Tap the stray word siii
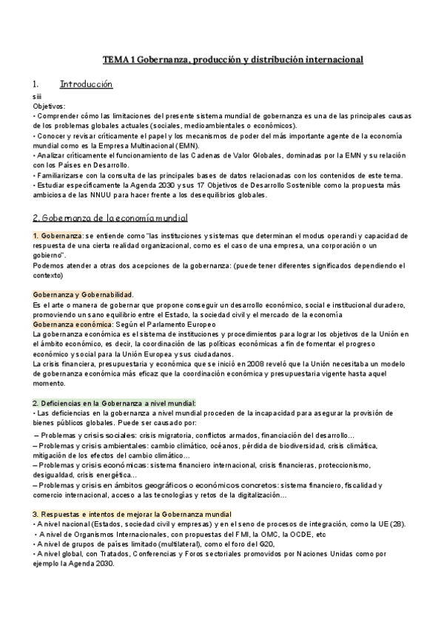[38, 97]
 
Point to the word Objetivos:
[50, 106]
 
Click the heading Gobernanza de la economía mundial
[110, 218]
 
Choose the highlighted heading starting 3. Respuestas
[132, 514]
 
